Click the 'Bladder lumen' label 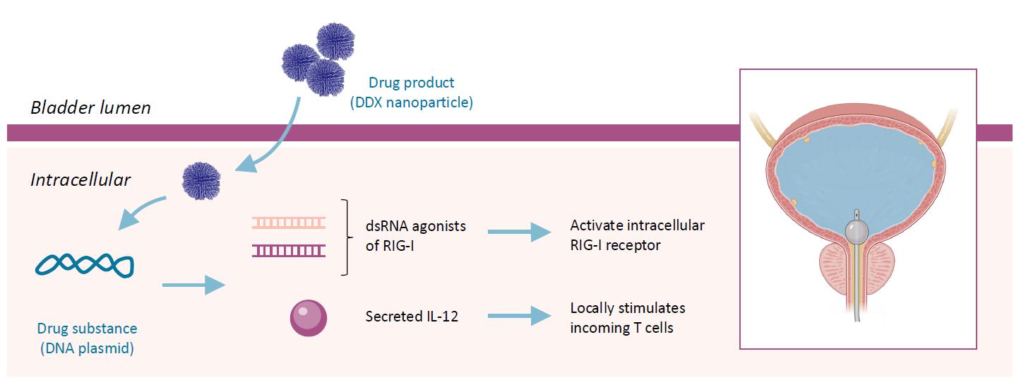pyautogui.click(x=90, y=108)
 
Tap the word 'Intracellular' pyautogui.click(x=80, y=180)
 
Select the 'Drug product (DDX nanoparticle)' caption pyautogui.click(x=411, y=93)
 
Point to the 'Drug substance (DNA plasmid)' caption pyautogui.click(x=88, y=338)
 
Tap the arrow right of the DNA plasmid pyautogui.click(x=193, y=285)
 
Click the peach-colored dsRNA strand pyautogui.click(x=289, y=223)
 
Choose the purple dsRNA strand pyautogui.click(x=289, y=249)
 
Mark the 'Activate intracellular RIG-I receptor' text pyautogui.click(x=637, y=235)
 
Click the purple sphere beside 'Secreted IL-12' pyautogui.click(x=309, y=317)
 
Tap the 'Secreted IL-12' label pyautogui.click(x=412, y=317)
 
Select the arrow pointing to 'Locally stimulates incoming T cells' pyautogui.click(x=519, y=316)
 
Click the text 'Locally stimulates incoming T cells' pyautogui.click(x=628, y=317)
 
